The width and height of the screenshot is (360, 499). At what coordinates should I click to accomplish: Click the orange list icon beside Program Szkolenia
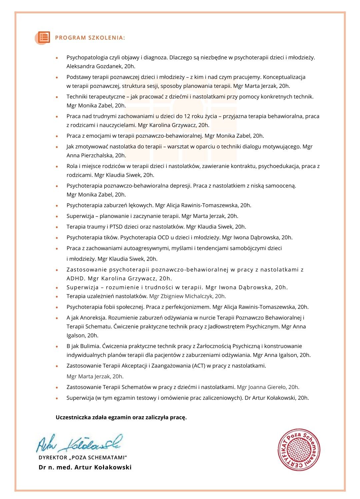click(44, 37)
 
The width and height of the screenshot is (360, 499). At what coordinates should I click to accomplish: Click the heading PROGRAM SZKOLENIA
click(90, 38)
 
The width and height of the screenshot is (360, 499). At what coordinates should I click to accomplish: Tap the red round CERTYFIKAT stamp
click(299, 450)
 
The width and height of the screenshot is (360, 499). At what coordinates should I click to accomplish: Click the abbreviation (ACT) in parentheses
click(199, 366)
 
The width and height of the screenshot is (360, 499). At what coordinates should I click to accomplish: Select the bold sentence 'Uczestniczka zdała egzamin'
click(121, 417)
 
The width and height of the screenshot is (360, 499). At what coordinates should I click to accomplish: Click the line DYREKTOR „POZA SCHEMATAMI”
click(83, 458)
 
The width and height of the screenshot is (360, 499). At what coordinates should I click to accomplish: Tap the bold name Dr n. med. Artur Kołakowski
click(85, 467)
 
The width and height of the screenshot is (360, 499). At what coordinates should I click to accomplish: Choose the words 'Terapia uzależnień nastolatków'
click(107, 296)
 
